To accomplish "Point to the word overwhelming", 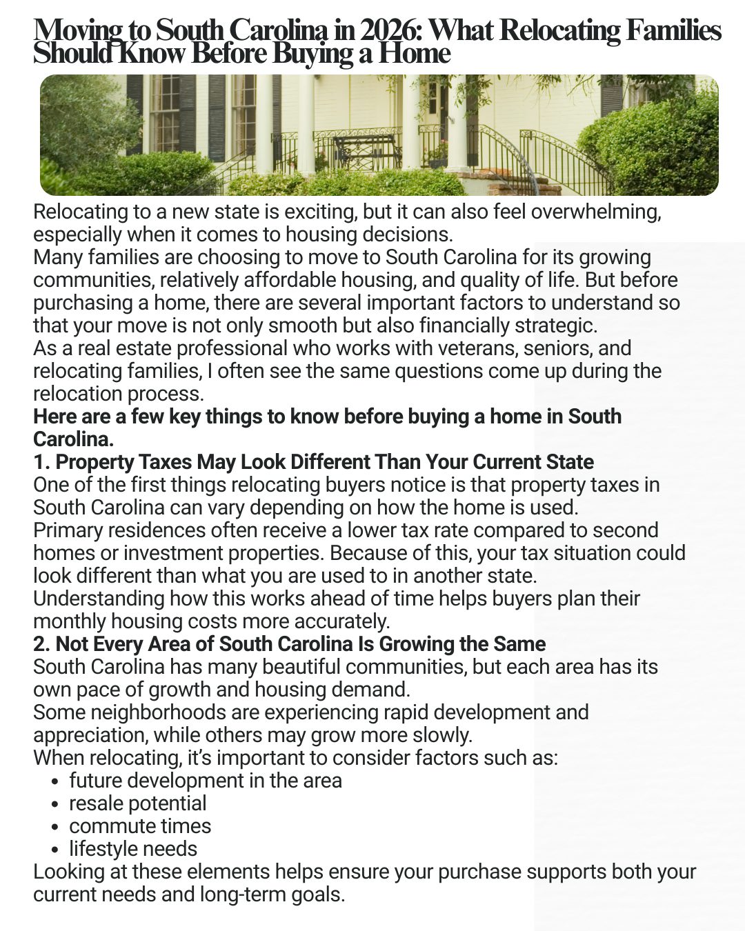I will (596, 212).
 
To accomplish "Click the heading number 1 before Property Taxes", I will (41, 462).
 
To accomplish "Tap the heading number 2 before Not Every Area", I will (41, 644).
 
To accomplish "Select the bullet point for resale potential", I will (54, 804).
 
